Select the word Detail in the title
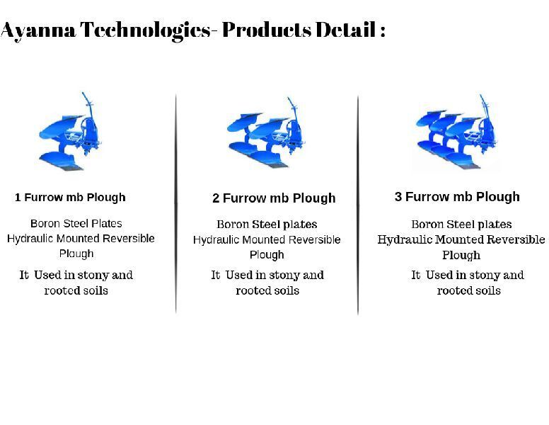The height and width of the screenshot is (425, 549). (x=345, y=30)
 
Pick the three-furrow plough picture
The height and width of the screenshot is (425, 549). (x=456, y=132)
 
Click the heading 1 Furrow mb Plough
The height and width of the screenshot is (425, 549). (x=70, y=198)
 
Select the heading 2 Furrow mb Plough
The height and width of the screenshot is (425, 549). (x=274, y=198)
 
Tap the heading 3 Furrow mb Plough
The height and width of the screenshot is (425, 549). (x=457, y=197)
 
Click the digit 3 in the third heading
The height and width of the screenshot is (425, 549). (x=398, y=196)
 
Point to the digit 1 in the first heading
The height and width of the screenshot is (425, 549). (x=18, y=198)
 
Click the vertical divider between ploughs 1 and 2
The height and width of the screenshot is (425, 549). (x=175, y=203)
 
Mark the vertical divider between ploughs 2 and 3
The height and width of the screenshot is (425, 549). (x=358, y=205)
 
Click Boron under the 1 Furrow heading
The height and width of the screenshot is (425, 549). (x=45, y=223)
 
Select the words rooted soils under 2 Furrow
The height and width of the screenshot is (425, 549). (x=267, y=290)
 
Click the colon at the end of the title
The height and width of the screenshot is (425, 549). (x=382, y=31)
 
